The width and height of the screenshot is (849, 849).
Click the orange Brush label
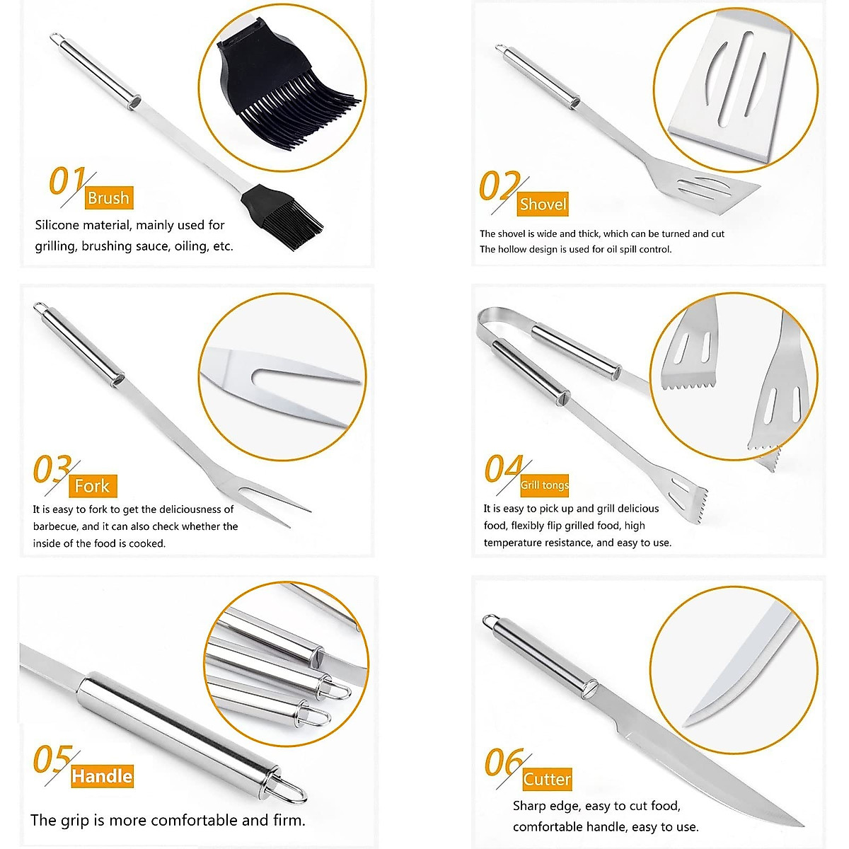tap(108, 198)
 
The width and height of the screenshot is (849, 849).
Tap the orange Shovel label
tap(543, 204)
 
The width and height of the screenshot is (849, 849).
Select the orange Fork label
tap(92, 486)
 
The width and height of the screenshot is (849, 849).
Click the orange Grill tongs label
tap(544, 485)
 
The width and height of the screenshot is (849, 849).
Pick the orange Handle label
tap(102, 776)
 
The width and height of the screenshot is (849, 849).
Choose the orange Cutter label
tap(547, 780)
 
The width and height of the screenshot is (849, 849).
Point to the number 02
tap(499, 187)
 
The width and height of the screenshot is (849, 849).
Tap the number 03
tap(52, 470)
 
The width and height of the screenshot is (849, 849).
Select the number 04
tap(503, 469)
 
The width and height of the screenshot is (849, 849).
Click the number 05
tap(52, 760)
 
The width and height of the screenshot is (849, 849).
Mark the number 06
tap(503, 763)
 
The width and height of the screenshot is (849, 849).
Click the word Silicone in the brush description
tap(57, 225)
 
